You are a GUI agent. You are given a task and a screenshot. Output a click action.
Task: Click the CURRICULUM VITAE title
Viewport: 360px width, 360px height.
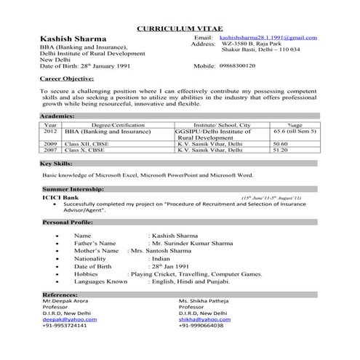tap(180, 28)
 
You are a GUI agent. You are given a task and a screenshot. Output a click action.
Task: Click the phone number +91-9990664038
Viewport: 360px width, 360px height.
tap(206, 325)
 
